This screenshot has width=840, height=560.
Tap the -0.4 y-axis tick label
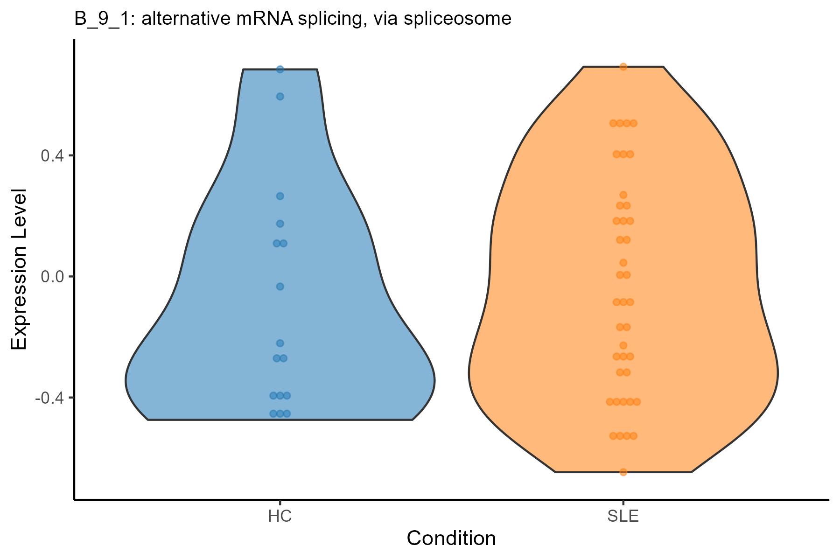point(51,398)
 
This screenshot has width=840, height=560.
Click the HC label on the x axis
point(280,517)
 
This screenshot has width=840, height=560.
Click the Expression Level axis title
point(19,270)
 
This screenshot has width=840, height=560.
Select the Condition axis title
point(451,539)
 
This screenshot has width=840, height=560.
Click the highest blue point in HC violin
point(280,70)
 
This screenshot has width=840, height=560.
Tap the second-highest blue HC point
point(280,97)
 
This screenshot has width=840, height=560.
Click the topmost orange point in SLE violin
point(623,67)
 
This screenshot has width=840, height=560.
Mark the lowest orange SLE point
point(623,472)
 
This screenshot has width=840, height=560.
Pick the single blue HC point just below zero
point(280,287)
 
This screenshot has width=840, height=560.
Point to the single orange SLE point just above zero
point(623,263)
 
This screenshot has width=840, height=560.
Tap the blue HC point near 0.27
point(280,196)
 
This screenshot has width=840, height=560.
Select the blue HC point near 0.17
point(280,224)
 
